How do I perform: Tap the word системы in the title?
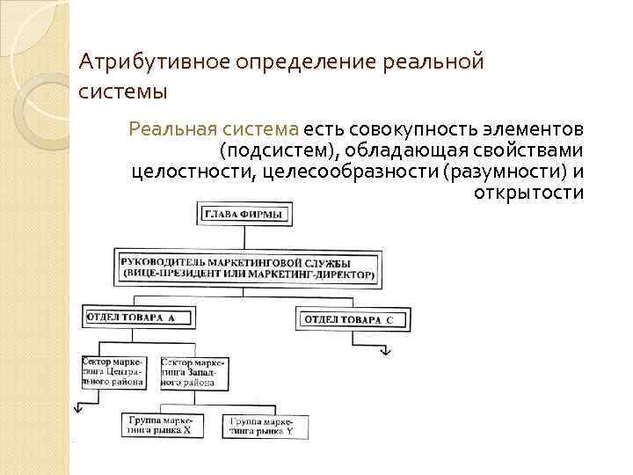tap(122, 91)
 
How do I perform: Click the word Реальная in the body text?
tap(167, 128)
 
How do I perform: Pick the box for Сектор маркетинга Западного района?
tap(194, 372)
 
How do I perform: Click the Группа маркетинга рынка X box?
tap(164, 427)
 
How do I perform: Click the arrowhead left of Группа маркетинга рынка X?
tap(79, 407)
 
